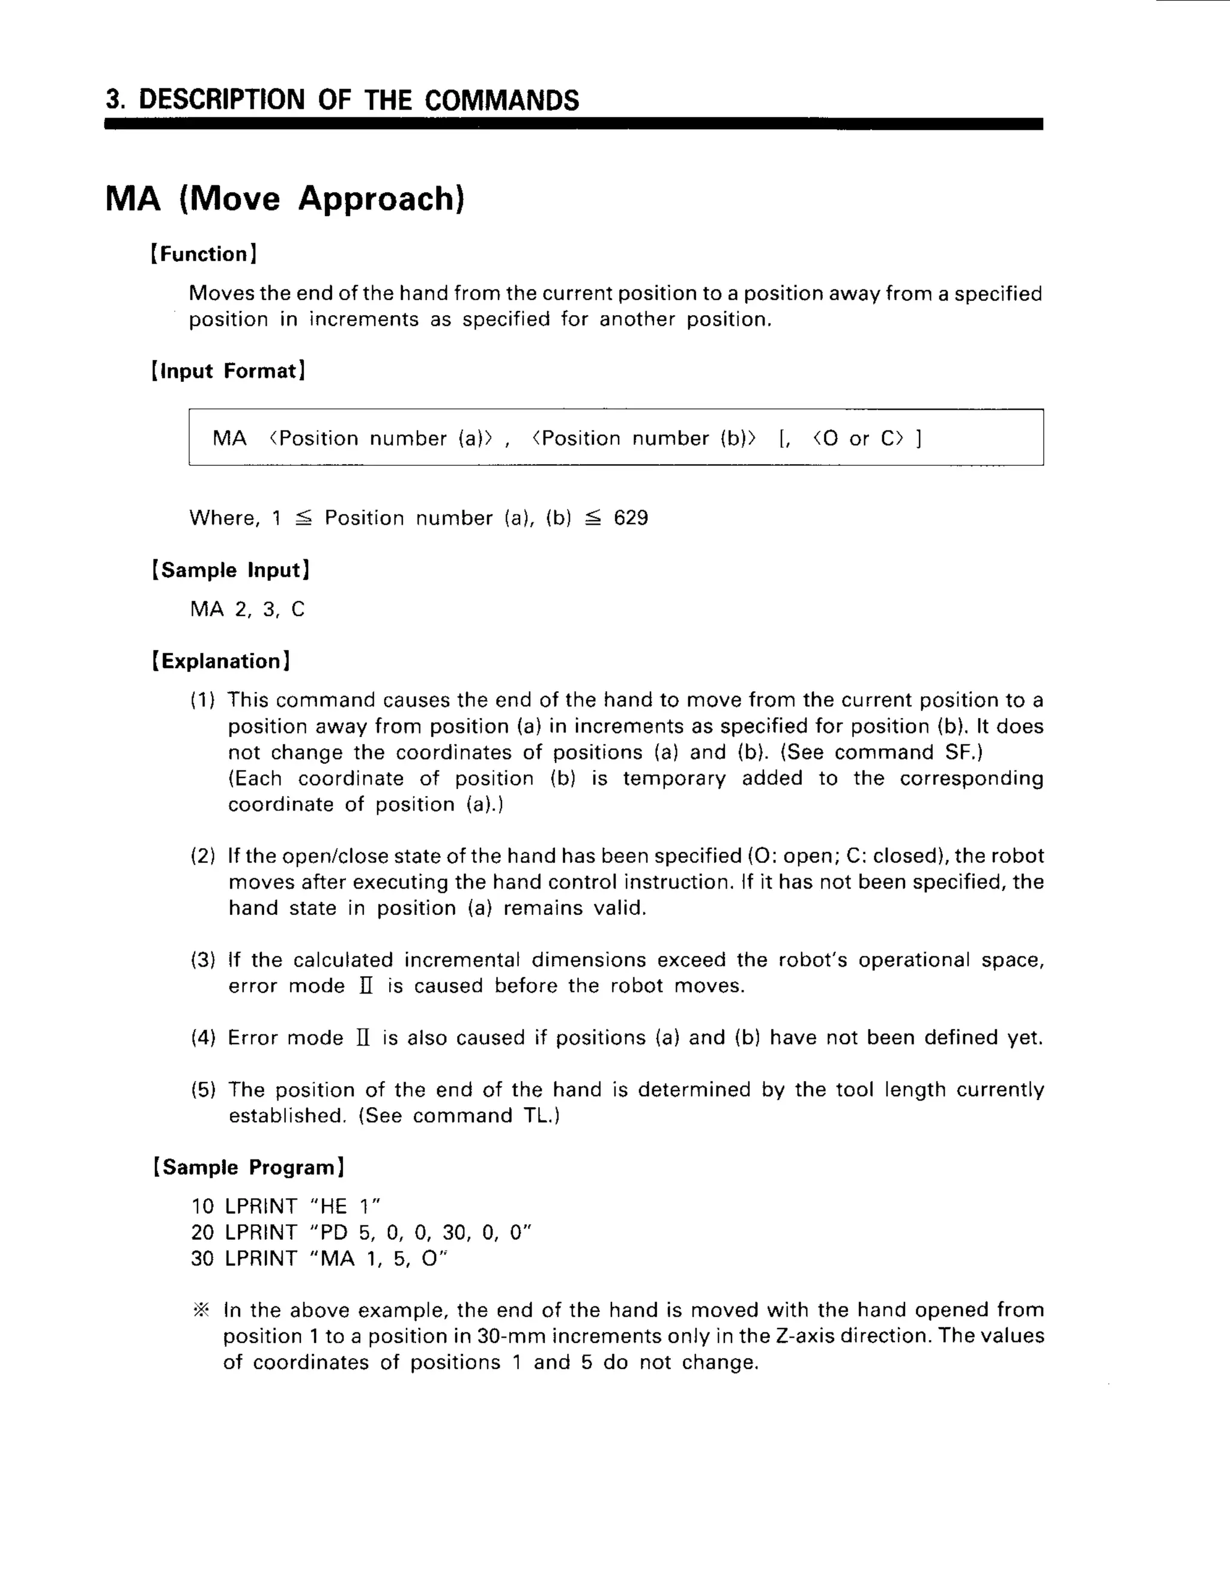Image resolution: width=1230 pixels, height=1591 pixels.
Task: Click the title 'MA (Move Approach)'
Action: pos(284,198)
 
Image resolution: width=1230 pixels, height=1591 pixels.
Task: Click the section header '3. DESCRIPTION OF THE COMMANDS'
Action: pos(342,100)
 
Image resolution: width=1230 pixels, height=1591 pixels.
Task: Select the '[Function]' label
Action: pos(204,254)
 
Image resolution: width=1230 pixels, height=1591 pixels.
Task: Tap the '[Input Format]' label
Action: pos(228,371)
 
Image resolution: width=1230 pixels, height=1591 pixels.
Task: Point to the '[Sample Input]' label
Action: pos(230,570)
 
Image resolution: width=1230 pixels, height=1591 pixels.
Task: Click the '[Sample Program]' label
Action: pos(248,1167)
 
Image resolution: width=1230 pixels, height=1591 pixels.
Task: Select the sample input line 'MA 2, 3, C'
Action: pos(247,609)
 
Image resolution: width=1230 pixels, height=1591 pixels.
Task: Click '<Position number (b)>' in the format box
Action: pos(644,438)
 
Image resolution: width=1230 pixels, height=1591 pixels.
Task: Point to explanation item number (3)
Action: pos(202,960)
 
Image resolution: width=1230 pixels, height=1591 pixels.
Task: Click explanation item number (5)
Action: pos(202,1090)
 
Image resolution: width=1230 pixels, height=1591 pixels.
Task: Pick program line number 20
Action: pos(202,1233)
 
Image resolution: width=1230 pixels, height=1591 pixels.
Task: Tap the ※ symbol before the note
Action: pos(201,1311)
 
